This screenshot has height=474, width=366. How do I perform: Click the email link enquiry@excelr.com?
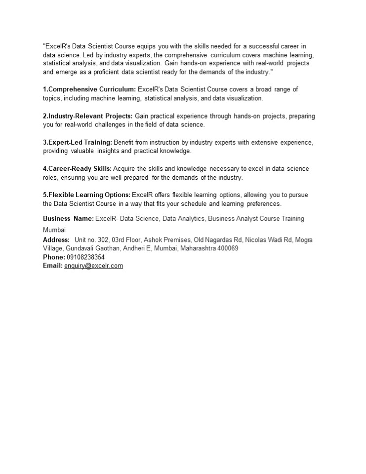tap(93, 266)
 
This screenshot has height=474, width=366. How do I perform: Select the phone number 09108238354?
tap(85, 257)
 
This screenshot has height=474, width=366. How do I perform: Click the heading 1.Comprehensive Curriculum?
tap(89, 89)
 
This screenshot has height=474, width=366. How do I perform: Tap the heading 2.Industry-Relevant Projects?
tap(87, 116)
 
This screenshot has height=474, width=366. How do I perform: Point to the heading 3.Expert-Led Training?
tap(78, 142)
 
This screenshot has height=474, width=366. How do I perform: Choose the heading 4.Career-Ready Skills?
tap(77, 169)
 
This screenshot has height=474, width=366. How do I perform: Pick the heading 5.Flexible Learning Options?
tap(86, 195)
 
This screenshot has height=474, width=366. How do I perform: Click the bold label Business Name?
tap(68, 218)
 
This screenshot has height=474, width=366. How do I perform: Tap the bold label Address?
tap(56, 239)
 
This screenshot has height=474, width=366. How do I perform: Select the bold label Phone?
tap(54, 257)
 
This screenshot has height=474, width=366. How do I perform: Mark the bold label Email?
tap(53, 266)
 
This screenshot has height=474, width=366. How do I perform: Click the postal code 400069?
tap(228, 248)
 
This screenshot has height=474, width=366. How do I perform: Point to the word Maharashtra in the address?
tap(198, 248)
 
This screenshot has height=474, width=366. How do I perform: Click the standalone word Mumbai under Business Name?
tap(54, 230)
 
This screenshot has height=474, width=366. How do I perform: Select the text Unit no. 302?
tap(91, 239)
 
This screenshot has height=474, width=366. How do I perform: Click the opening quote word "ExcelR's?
tap(59, 46)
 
